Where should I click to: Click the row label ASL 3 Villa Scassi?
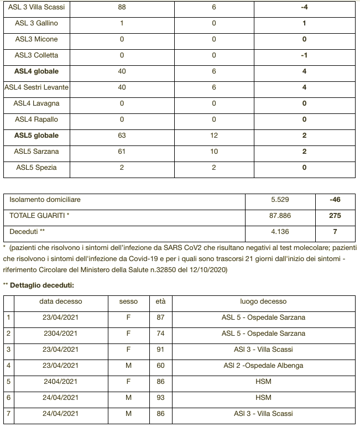(36, 7)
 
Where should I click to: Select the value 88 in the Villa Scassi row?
(122, 7)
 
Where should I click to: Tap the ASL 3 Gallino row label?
(36, 23)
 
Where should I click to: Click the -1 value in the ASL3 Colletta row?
(304, 55)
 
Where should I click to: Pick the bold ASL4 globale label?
(36, 71)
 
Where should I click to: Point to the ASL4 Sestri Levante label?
(36, 87)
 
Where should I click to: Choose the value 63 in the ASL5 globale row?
(122, 136)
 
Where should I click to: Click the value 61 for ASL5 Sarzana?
(122, 152)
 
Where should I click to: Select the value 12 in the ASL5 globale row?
(214, 136)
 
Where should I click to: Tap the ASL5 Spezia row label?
(36, 168)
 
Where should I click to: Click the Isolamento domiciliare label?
(41, 200)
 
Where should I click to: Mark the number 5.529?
(280, 200)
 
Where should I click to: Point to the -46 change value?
(335, 200)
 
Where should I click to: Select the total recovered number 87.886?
(280, 216)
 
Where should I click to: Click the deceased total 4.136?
(280, 232)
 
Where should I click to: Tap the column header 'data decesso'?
(60, 301)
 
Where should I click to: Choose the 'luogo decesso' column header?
(263, 301)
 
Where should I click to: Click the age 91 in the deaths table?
(160, 350)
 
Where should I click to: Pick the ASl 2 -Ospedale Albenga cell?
(263, 366)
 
